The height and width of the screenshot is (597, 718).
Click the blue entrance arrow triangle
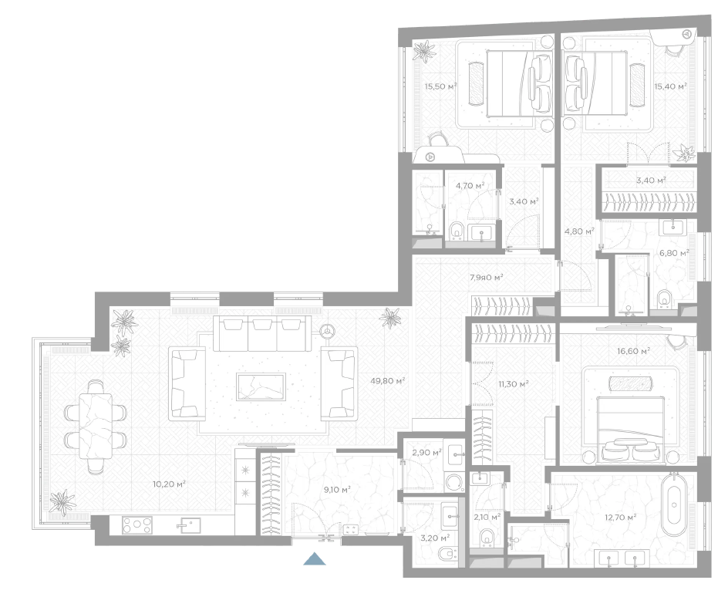click(x=315, y=559)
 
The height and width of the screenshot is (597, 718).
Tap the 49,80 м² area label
click(x=387, y=380)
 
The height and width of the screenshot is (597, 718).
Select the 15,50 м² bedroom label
click(x=440, y=86)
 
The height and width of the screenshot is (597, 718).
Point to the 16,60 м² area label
click(x=634, y=351)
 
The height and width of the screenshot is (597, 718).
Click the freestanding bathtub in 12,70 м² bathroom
click(x=674, y=504)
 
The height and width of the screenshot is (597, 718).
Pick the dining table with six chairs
click(x=96, y=427)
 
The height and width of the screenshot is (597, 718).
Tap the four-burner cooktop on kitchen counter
click(x=137, y=524)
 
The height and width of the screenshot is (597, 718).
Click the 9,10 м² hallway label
click(x=337, y=490)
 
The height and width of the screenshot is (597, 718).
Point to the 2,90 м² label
click(x=426, y=453)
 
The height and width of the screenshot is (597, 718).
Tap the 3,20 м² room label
click(x=435, y=537)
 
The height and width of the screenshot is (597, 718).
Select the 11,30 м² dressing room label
click(x=514, y=384)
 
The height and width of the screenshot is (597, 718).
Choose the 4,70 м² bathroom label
click(x=470, y=185)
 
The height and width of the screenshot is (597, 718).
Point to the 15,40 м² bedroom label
click(x=670, y=86)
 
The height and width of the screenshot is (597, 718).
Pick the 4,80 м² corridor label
click(x=579, y=231)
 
